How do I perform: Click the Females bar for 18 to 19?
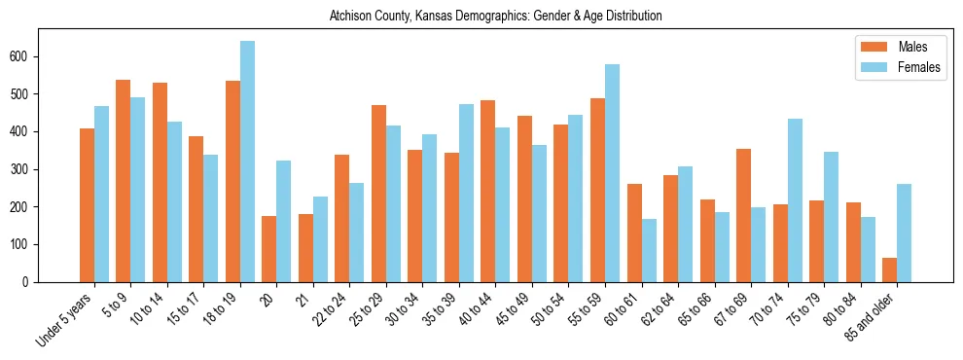click(247, 162)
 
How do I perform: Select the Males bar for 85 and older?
click(890, 270)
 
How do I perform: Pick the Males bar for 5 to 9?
click(124, 181)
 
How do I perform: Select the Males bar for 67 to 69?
click(744, 215)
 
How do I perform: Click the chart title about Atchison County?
click(495, 17)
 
